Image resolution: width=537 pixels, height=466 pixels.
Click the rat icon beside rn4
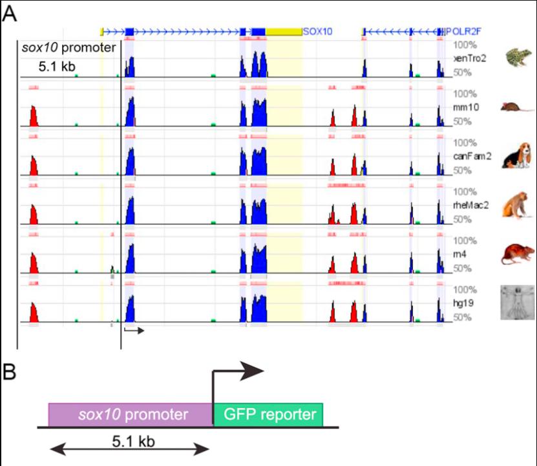[517, 254]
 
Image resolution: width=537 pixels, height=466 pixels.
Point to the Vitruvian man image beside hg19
[517, 302]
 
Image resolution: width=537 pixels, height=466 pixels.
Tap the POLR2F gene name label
[464, 31]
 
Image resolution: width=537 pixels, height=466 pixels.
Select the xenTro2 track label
[470, 58]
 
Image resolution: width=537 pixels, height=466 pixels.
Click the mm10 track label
[467, 107]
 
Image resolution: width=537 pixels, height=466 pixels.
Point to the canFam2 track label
[470, 157]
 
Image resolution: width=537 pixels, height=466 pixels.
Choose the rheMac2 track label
[471, 206]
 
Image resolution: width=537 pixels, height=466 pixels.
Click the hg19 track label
[466, 304]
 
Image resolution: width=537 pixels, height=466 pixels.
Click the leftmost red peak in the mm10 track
[34, 118]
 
